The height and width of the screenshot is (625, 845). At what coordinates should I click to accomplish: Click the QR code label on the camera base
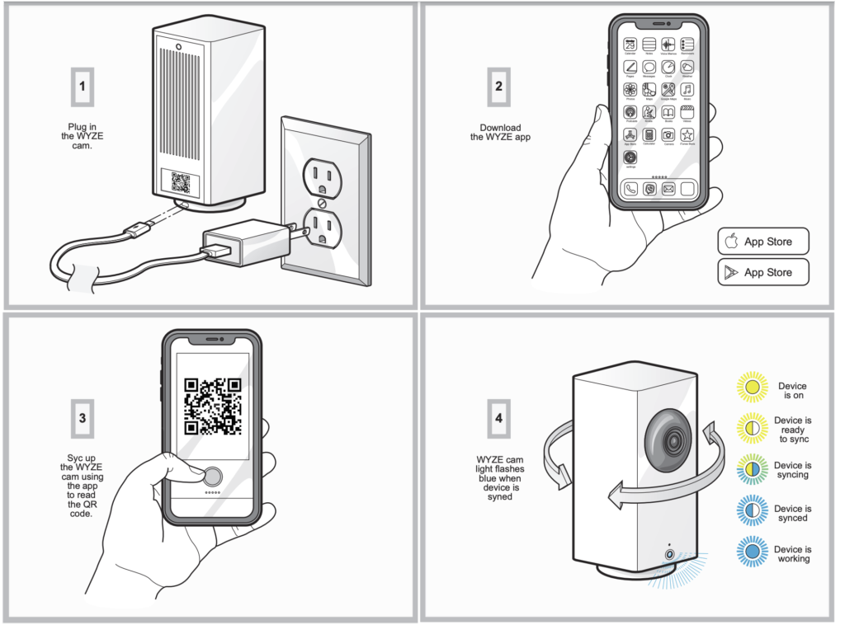(181, 182)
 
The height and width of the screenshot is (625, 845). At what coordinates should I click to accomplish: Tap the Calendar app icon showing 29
(630, 45)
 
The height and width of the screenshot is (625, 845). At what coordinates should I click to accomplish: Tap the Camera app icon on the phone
(668, 134)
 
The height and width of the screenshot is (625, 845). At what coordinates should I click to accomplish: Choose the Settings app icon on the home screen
(630, 156)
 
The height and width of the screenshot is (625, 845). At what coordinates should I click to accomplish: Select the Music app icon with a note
(687, 90)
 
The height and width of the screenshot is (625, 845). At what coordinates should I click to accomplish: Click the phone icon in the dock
(630, 188)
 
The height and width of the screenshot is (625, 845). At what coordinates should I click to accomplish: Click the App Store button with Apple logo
(762, 242)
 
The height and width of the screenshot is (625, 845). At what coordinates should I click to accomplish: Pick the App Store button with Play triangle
(762, 272)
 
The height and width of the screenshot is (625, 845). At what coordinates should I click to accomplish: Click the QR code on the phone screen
(212, 406)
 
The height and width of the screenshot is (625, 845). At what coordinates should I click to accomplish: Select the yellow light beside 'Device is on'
(751, 387)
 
